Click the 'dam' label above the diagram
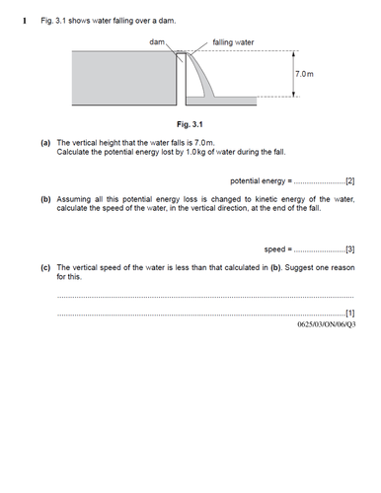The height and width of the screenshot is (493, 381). coord(158,42)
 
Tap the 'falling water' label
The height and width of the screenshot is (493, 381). coord(234,42)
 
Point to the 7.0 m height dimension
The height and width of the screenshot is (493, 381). coord(304,75)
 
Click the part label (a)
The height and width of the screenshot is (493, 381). coord(46,143)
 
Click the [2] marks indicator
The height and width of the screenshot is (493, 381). coord(348,181)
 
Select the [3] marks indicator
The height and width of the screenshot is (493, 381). coord(348,248)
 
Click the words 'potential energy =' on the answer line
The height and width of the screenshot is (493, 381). coord(262,181)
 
